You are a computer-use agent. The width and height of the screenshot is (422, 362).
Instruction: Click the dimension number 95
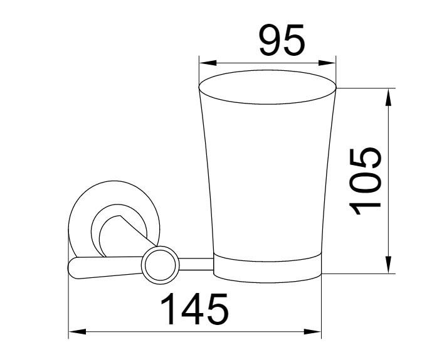pyautogui.click(x=282, y=40)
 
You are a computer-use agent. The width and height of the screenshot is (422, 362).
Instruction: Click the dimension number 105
pyautogui.click(x=365, y=181)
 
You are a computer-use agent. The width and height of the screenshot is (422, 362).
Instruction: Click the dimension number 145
pyautogui.click(x=194, y=309)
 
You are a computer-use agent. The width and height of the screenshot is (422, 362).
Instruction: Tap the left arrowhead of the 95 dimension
pyautogui.click(x=208, y=63)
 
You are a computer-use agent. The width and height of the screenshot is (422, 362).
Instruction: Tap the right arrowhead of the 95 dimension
pyautogui.click(x=327, y=63)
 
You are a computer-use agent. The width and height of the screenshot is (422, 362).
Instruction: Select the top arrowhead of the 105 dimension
pyautogui.click(x=388, y=97)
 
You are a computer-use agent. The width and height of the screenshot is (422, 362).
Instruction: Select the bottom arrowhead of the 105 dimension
pyautogui.click(x=388, y=265)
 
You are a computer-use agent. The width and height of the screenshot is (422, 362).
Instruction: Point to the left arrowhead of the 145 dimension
pyautogui.click(x=78, y=331)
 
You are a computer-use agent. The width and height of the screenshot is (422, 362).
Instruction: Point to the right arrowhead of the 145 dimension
pyautogui.click(x=312, y=331)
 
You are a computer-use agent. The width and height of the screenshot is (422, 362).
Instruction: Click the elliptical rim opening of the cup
pyautogui.click(x=268, y=70)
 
